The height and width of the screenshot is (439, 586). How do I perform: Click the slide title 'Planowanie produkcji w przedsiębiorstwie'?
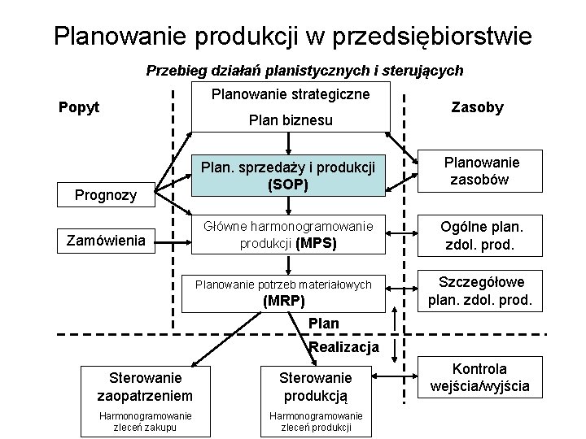(293, 35)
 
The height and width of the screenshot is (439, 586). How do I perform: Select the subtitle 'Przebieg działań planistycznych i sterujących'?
(304, 71)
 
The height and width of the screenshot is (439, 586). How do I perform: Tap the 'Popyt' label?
(80, 106)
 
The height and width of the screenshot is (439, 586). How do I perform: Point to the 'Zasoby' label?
(477, 107)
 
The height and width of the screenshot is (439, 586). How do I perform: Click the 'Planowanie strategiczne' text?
(291, 94)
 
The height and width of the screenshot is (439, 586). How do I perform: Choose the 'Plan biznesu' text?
(291, 121)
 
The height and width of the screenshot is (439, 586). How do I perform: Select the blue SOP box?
(287, 176)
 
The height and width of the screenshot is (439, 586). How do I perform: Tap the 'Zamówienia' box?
(106, 240)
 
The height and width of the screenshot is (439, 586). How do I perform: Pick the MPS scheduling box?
(287, 234)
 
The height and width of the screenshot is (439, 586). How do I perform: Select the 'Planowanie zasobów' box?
(481, 172)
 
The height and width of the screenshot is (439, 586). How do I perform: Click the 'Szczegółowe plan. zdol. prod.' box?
(481, 291)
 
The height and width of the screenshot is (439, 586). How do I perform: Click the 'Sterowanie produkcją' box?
(315, 386)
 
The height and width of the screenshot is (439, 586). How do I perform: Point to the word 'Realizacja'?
(344, 347)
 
